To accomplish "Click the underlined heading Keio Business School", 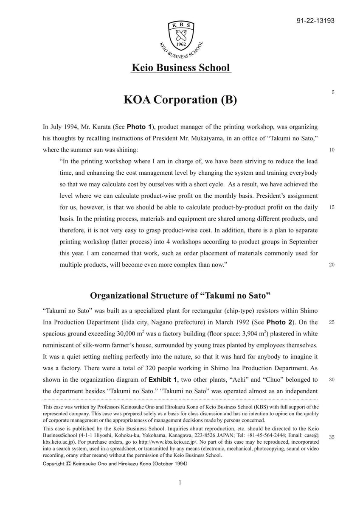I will pos(181,67).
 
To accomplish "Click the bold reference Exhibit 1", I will pos(163,379).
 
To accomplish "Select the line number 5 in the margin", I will pos(333,92).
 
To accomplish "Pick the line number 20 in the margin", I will pos(332,264).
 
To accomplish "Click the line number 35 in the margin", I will pos(332,437).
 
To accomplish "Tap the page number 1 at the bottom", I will pos(180,482).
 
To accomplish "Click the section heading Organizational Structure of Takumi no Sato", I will pos(180,295).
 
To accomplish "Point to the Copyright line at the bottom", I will pos(115,464).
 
